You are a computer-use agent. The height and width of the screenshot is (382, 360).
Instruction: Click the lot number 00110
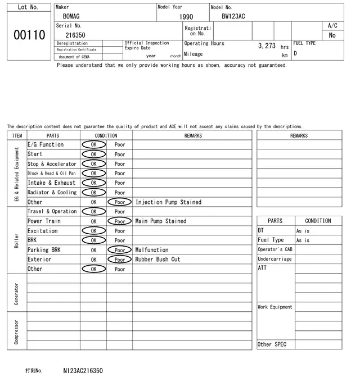click(29, 35)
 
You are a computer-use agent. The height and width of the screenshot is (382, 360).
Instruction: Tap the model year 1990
click(186, 17)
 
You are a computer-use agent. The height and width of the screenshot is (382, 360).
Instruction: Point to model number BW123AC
click(233, 16)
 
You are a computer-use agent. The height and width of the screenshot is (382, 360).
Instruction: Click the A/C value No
click(332, 35)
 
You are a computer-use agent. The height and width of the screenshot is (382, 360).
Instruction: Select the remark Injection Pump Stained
click(168, 202)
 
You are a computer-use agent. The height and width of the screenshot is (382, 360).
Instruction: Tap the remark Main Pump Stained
click(161, 221)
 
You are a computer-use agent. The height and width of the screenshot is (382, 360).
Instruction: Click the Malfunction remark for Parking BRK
click(152, 250)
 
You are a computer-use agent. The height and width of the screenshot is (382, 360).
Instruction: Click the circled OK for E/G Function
click(93, 144)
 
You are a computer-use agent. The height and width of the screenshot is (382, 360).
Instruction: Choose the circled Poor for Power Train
click(120, 221)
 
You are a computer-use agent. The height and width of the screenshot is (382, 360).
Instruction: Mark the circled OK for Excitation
click(93, 231)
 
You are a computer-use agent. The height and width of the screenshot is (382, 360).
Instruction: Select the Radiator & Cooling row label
click(52, 192)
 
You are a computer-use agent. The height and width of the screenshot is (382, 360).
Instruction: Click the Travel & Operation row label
click(52, 211)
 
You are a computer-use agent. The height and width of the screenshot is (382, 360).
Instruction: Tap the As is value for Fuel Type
click(303, 240)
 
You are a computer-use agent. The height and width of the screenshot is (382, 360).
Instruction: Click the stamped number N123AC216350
click(83, 371)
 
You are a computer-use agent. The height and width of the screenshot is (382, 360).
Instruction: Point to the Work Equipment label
click(275, 307)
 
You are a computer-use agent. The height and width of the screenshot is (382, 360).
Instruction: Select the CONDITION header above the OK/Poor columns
click(106, 135)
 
